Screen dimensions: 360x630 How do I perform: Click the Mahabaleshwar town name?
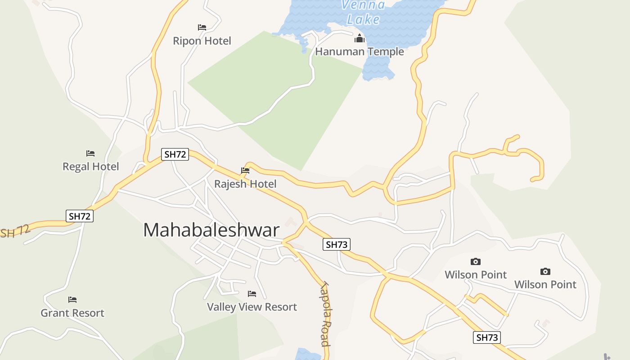(211, 230)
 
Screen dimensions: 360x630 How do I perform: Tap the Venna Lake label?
(363, 12)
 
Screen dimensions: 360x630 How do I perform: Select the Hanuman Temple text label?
(359, 52)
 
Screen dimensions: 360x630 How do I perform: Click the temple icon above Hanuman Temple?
(359, 38)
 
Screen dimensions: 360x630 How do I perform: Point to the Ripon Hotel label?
(202, 41)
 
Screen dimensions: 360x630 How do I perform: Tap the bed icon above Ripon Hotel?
(202, 27)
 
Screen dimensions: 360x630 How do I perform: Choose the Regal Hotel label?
(90, 166)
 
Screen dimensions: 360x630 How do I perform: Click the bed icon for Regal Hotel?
(90, 153)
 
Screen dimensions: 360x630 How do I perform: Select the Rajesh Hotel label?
(245, 184)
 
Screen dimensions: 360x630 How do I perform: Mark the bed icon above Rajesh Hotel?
(245, 171)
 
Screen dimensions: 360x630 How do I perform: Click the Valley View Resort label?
(252, 307)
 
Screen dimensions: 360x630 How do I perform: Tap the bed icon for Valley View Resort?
(252, 294)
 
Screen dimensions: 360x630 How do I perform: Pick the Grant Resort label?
(72, 313)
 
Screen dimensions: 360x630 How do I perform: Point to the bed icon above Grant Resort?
(72, 299)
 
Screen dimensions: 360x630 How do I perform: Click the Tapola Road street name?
(326, 314)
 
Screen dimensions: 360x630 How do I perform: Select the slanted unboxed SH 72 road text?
(14, 231)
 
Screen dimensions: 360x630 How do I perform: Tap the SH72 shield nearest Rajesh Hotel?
(175, 154)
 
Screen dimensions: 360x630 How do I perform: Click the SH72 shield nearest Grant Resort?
(80, 216)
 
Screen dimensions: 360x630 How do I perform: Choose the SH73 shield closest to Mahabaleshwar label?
(337, 244)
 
